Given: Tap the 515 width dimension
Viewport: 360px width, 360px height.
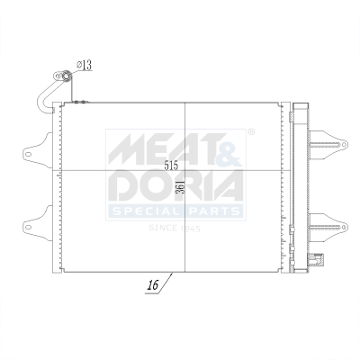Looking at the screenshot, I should coord(171,166).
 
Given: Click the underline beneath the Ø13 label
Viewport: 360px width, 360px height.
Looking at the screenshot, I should coord(83,71).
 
